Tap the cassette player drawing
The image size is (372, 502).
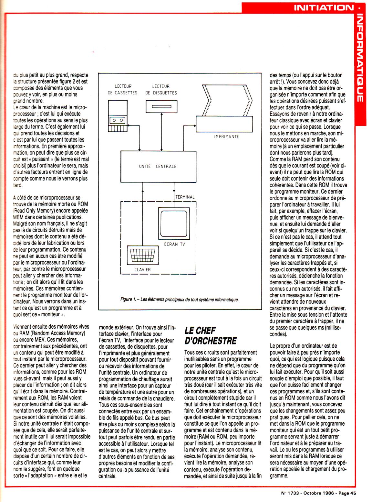pyautogui.click(x=118, y=116)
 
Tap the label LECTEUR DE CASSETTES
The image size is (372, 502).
pyautogui.click(x=122, y=90)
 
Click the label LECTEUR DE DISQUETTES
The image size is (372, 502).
pyautogui.click(x=161, y=90)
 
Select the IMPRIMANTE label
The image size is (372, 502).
pyautogui.click(x=226, y=136)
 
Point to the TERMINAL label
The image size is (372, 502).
pyautogui.click(x=185, y=197)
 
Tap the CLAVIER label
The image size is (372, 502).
pyautogui.click(x=142, y=269)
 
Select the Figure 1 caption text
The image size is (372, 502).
pyautogui.click(x=179, y=299)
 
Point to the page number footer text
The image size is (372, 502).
pyautogui.click(x=318, y=493)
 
